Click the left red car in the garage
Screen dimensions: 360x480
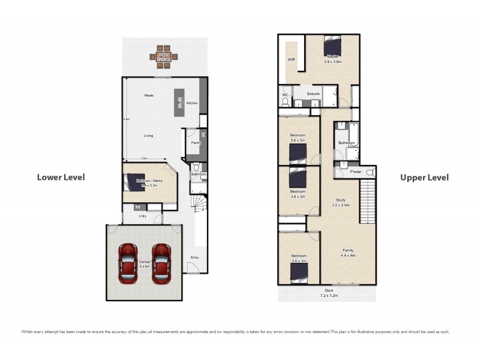point(128,263)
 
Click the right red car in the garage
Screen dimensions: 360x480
point(162,263)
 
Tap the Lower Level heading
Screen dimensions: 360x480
point(61,177)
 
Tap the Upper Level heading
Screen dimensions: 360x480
point(425,178)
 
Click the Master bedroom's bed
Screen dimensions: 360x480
point(332,46)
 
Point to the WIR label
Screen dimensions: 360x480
point(292,60)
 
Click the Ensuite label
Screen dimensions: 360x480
point(313,94)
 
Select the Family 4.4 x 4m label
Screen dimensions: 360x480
point(348,253)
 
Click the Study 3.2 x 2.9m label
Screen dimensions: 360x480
point(340,202)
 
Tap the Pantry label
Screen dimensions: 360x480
point(196,143)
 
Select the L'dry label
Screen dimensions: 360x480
point(143,215)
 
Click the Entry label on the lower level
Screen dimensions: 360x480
point(194,258)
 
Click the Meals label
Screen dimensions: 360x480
point(149,95)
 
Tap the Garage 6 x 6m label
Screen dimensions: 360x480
point(145,263)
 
